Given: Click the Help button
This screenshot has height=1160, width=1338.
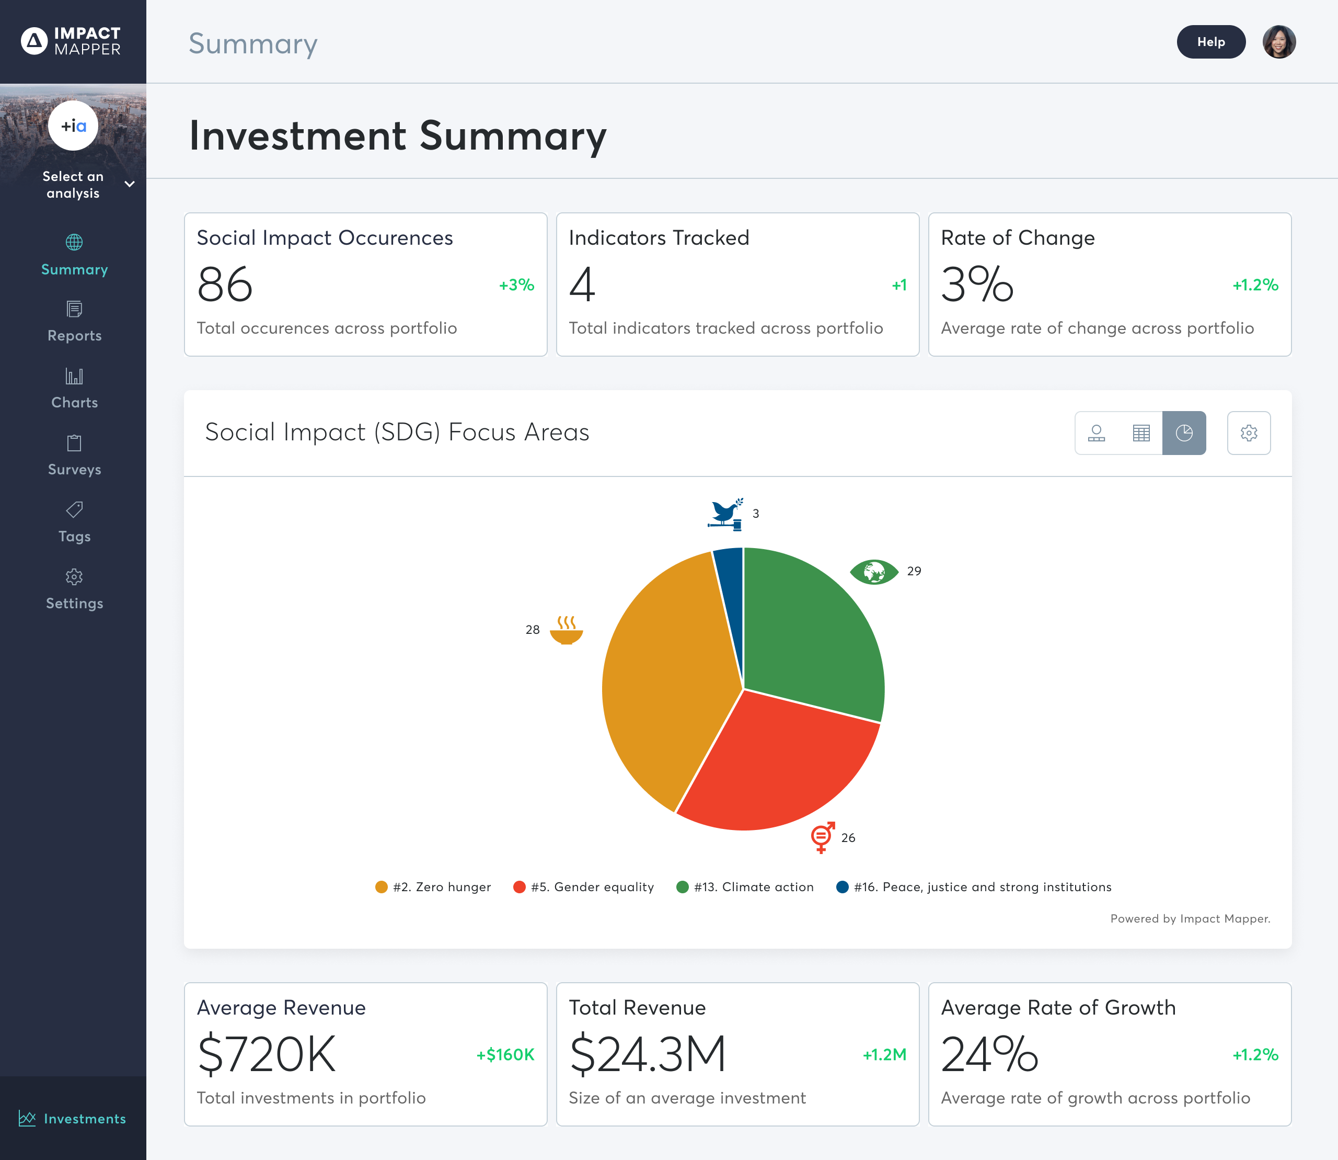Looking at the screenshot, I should pyautogui.click(x=1210, y=42).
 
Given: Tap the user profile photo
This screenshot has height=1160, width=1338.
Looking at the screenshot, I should pyautogui.click(x=1278, y=42).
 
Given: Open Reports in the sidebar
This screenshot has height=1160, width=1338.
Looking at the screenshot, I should pyautogui.click(x=74, y=322).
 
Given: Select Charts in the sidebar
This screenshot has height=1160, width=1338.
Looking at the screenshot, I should pyautogui.click(x=74, y=389).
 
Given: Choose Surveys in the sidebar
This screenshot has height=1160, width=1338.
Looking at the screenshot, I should pyautogui.click(x=74, y=455).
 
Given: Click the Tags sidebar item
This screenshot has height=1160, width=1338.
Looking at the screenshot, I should pyautogui.click(x=74, y=522).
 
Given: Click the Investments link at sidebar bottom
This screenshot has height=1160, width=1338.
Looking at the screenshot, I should pyautogui.click(x=73, y=1118).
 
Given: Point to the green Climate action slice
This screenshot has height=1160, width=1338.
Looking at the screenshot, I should pyautogui.click(x=815, y=634).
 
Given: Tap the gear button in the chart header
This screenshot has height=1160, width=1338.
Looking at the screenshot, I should pyautogui.click(x=1248, y=433).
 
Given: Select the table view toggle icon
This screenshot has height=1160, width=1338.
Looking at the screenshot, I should pyautogui.click(x=1140, y=433).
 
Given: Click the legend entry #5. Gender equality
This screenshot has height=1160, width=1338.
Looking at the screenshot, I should pyautogui.click(x=584, y=887).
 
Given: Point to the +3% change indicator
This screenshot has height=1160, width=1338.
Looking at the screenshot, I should pyautogui.click(x=516, y=285).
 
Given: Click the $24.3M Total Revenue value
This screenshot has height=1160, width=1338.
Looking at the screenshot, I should pyautogui.click(x=648, y=1054).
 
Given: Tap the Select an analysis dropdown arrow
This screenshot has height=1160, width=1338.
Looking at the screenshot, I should pyautogui.click(x=130, y=185).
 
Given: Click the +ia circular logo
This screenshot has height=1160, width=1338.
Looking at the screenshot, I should pyautogui.click(x=73, y=126).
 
